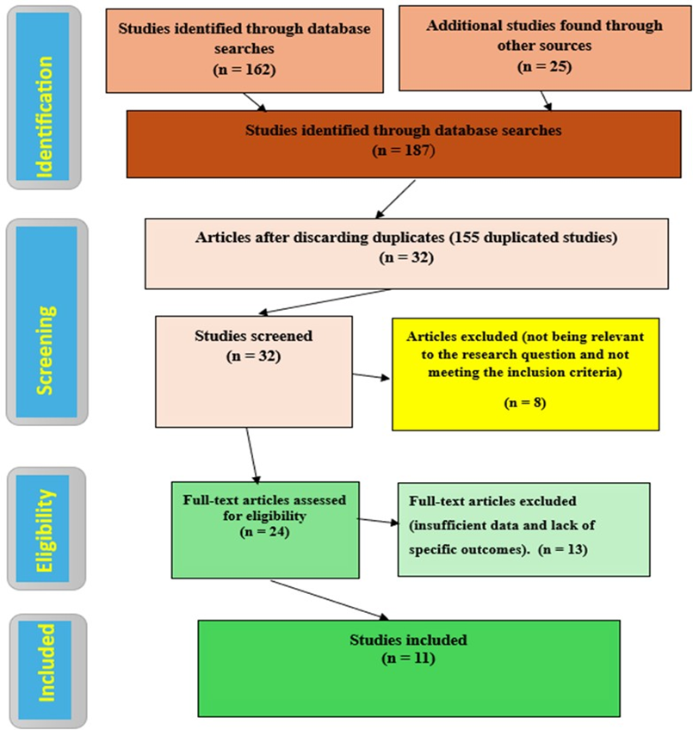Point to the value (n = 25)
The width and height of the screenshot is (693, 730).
click(x=543, y=65)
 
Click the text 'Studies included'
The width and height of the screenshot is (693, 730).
click(x=408, y=640)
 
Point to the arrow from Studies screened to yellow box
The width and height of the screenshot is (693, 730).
click(x=372, y=376)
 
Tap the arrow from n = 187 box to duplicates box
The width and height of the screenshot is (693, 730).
click(x=396, y=199)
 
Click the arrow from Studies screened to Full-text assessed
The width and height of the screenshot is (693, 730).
click(x=251, y=454)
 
